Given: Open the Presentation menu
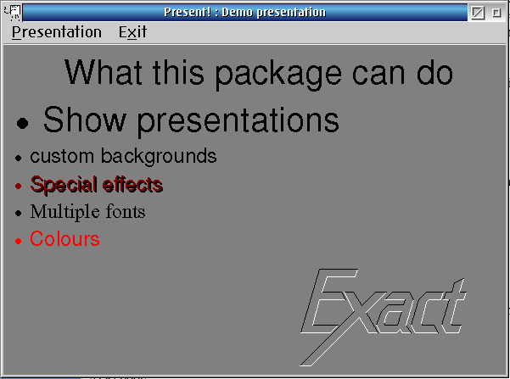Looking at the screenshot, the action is point(57,32).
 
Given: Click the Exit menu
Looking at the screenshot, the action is point(132,32).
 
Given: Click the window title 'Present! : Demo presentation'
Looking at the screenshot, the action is point(244,13).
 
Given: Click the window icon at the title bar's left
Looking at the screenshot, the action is point(13,13).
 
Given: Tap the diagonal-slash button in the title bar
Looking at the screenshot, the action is point(478,13).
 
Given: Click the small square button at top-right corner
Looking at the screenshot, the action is point(496,13).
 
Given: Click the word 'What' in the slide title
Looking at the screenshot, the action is point(104,72).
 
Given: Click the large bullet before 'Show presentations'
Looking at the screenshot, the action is point(22,123).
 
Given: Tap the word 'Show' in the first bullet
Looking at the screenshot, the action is point(85,120).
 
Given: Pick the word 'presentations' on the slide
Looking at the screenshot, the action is point(238,121).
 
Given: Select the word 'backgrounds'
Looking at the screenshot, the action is point(159,156).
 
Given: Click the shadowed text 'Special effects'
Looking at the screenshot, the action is point(97,185).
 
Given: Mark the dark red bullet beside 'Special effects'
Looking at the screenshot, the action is point(18,186).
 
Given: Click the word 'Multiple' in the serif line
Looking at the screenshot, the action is point(63,212).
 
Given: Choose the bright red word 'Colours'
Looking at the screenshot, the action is point(64,239).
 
